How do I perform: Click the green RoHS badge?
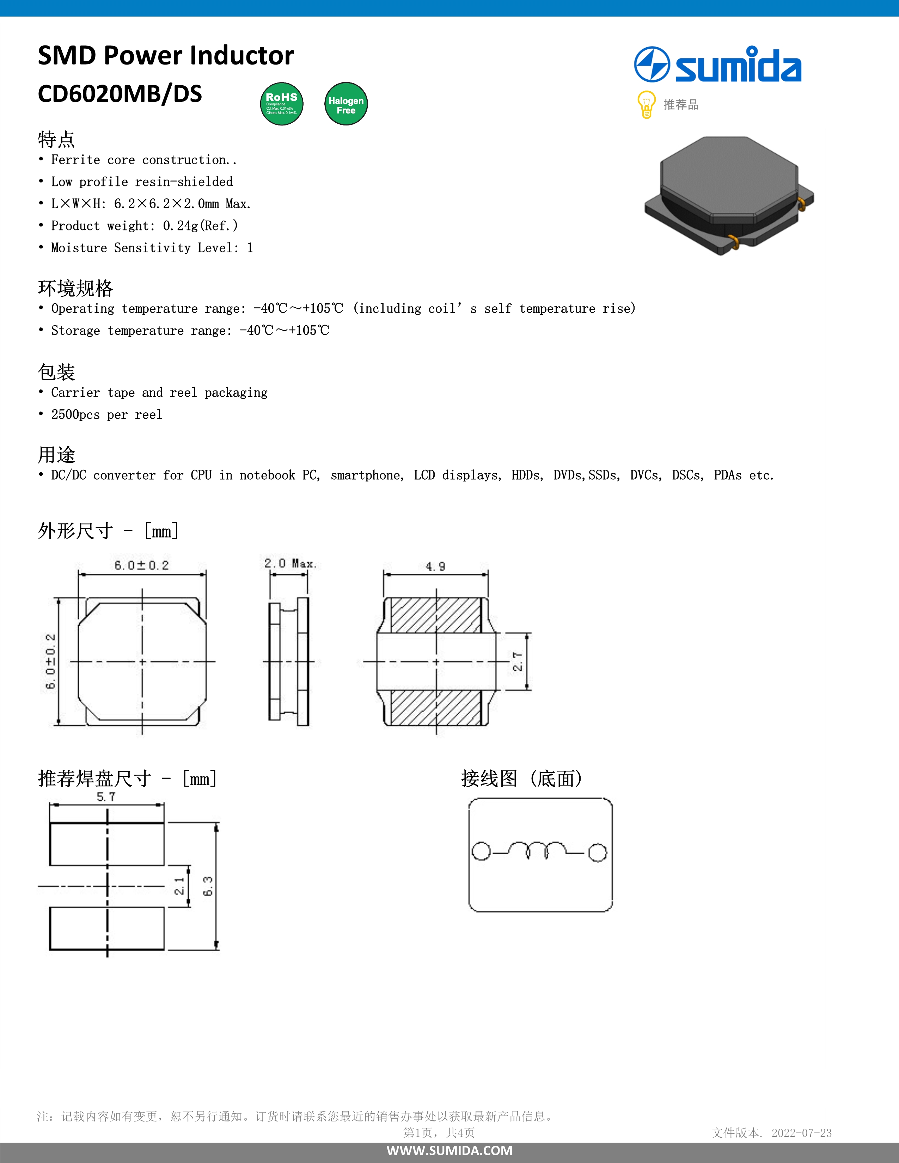[282, 104]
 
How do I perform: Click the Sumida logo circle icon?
[652, 64]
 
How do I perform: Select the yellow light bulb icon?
[646, 104]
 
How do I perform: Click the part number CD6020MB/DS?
[120, 94]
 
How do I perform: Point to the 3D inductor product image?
[729, 196]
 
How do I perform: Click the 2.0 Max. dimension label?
[290, 564]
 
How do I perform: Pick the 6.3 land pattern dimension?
[208, 886]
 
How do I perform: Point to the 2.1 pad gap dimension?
[179, 886]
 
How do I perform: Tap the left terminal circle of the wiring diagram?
[481, 851]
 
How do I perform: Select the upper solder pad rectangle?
[106, 844]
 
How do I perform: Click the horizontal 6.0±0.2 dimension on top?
[142, 565]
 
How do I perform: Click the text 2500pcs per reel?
[106, 415]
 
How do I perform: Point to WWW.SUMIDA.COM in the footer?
[449, 1151]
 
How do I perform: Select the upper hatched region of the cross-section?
[436, 615]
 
